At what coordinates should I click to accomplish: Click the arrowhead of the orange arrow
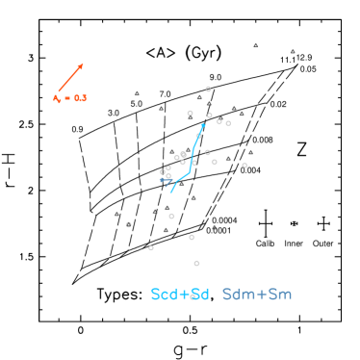83,64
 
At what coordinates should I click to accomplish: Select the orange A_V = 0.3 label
69,98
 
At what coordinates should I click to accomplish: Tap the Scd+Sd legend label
180,295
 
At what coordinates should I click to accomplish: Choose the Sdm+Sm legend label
257,295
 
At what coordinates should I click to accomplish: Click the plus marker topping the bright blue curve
202,125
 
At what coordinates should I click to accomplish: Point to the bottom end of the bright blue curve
170,193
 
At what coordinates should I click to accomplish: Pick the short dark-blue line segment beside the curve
166,180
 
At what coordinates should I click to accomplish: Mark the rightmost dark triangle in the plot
293,51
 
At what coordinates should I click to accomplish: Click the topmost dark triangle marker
256,45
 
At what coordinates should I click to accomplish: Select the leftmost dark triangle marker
117,214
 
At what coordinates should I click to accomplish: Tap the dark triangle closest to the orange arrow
137,93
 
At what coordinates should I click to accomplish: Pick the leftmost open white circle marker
129,224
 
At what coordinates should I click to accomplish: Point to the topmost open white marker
208,89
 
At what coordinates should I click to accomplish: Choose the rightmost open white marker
244,166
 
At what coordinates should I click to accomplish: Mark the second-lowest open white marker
151,247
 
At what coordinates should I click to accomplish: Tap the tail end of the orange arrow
58,91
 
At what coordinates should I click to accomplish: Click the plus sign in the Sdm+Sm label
257,295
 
